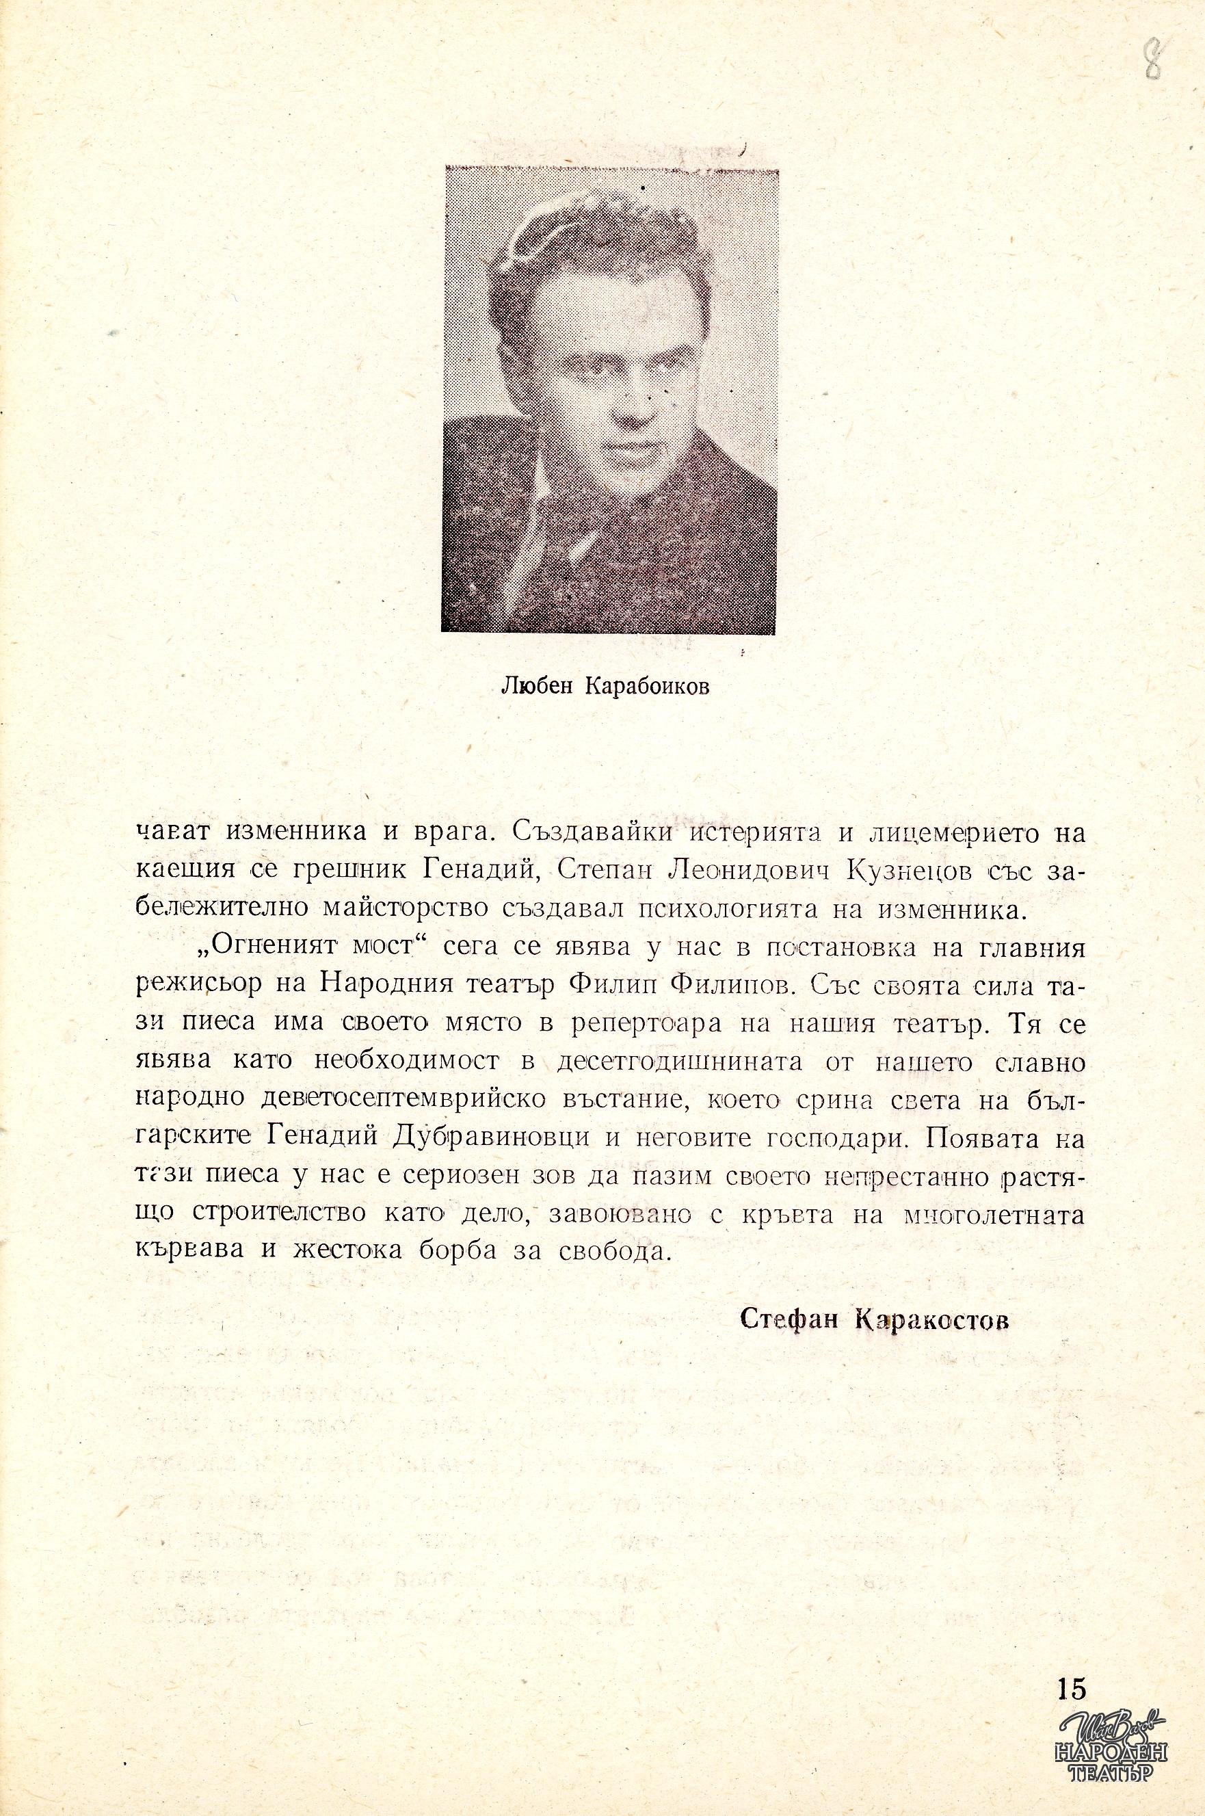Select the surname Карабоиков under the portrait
[x=646, y=685]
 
